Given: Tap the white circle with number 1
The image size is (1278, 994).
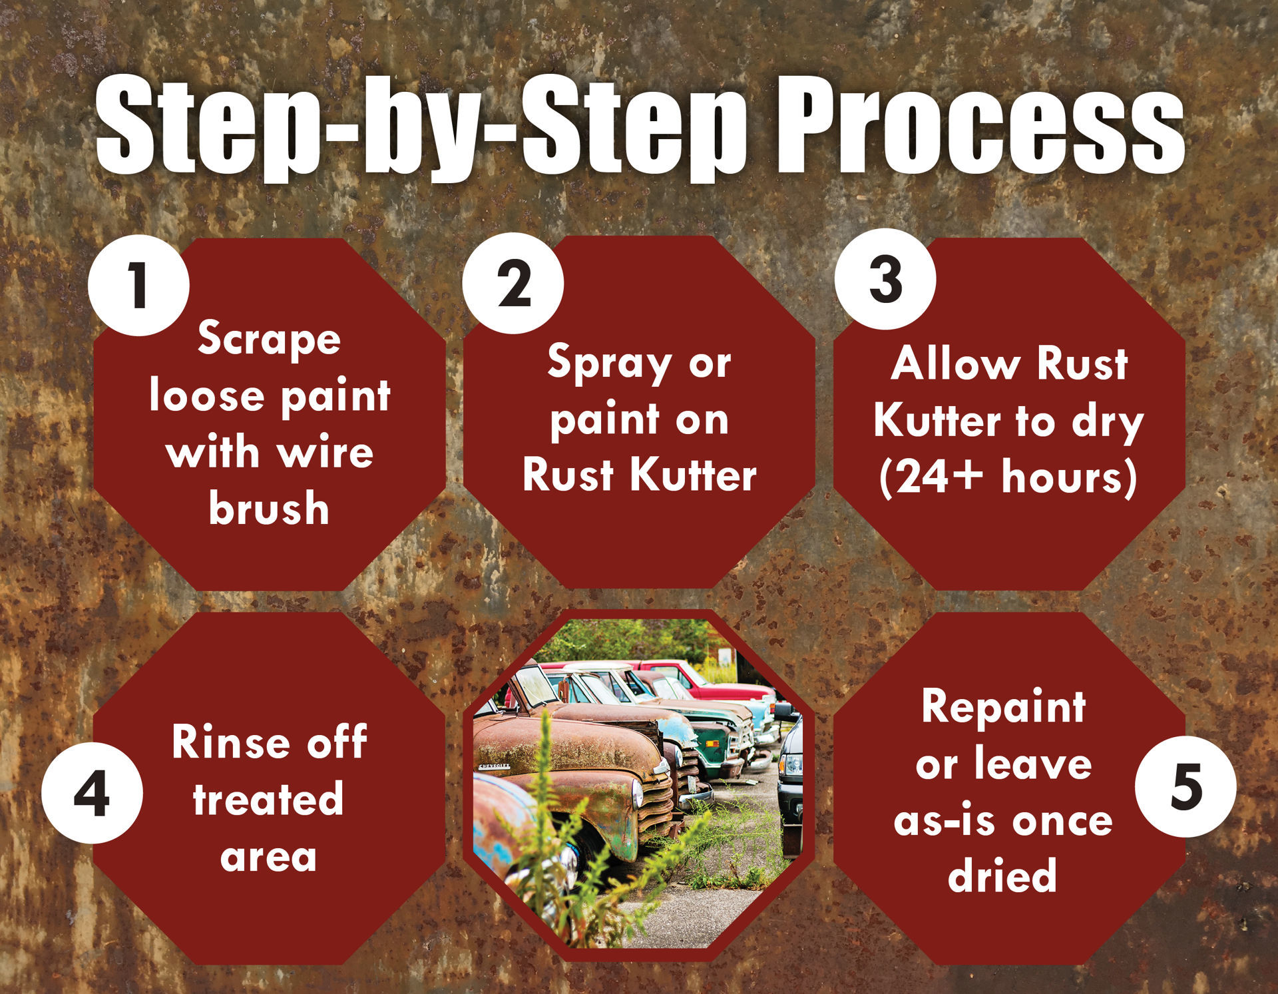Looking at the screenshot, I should click(138, 285).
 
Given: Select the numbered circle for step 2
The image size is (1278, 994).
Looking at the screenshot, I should click(513, 284).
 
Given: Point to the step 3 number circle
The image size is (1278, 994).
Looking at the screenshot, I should click(885, 279).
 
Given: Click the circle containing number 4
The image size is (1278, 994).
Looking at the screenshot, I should click(92, 793).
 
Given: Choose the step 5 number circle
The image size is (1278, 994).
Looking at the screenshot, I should click(1185, 786).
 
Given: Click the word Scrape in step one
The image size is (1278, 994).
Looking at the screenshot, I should click(269, 340).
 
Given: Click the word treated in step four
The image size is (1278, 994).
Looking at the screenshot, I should click(268, 799).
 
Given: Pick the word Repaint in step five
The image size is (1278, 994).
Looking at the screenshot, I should click(1003, 706).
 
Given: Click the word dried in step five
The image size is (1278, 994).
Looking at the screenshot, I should click(1002, 876).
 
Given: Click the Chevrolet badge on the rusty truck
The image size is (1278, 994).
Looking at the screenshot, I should click(494, 766).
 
